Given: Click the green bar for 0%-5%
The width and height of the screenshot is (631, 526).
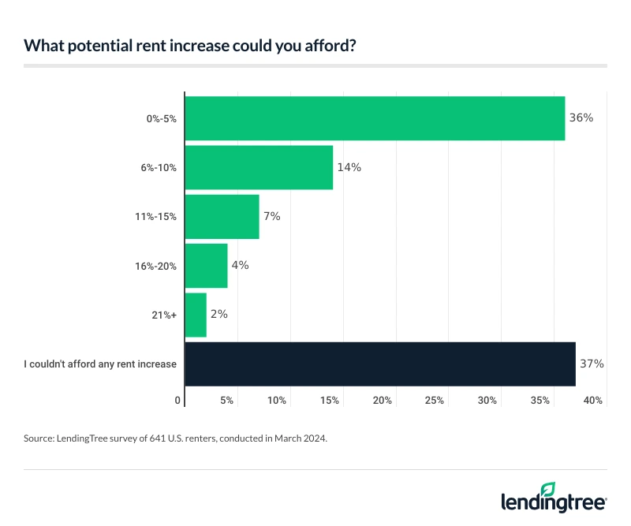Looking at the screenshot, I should tap(375, 118).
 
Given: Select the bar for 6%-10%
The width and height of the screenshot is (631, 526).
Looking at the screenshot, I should tap(259, 167).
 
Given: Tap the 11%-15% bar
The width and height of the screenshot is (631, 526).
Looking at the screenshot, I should tap(222, 216).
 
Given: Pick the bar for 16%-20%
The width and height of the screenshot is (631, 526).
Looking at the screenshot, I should tap(206, 265).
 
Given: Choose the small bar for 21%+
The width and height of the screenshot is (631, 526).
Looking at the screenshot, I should tap(196, 315).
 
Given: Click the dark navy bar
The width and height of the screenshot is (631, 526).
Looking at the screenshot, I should tap(380, 364).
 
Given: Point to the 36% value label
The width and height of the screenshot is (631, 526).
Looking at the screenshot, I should tap(581, 118).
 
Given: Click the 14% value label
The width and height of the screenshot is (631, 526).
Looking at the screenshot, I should tap(349, 167).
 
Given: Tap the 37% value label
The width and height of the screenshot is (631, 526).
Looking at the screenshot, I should tap(592, 364).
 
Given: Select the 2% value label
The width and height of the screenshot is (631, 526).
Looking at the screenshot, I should tap(218, 314).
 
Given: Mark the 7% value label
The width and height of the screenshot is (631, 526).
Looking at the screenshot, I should tap(272, 216).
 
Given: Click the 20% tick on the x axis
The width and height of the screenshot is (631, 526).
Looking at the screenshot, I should tap(383, 401).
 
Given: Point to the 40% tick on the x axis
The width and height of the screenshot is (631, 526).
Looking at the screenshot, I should tap(594, 401).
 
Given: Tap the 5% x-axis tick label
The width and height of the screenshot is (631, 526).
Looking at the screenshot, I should tap(226, 401).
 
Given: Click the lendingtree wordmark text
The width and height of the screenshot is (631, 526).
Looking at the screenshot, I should tap(554, 502).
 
